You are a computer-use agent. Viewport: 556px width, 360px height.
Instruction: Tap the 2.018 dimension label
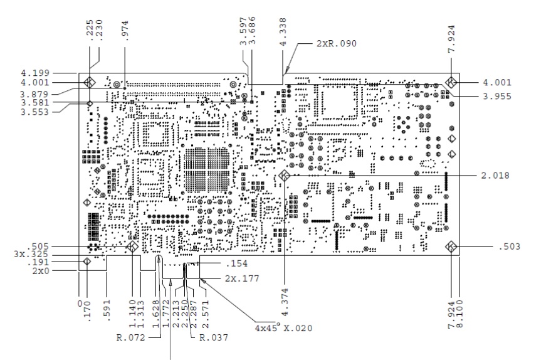(495, 176)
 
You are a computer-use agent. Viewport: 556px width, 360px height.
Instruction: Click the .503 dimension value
(511, 246)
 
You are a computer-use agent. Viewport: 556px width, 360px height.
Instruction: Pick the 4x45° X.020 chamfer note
(283, 327)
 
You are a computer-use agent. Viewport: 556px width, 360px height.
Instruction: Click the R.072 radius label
(131, 337)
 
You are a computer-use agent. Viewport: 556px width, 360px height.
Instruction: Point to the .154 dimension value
(238, 264)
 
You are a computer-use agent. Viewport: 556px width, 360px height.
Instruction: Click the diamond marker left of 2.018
(283, 176)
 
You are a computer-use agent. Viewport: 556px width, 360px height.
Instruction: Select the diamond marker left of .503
(451, 246)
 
